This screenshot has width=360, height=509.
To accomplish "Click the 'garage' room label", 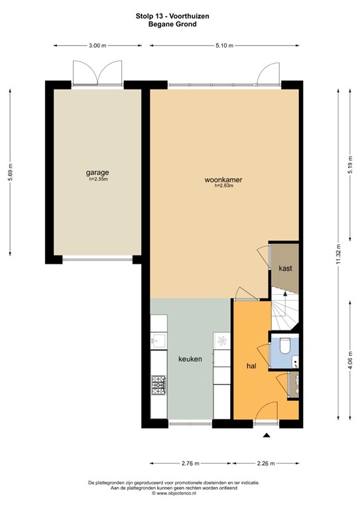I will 97,172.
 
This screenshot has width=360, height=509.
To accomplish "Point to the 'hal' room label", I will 251,365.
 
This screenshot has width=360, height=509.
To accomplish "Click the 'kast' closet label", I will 286,268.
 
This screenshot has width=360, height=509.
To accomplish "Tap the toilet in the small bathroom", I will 284,347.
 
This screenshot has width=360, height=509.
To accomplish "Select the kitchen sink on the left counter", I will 158,341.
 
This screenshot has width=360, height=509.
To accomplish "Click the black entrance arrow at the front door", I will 267,435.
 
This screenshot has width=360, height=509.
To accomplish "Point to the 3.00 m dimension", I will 97,46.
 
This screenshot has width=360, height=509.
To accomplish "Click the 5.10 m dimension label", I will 224,46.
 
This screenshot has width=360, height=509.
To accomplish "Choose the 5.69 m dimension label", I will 9,172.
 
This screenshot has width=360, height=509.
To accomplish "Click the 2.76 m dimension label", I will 190,464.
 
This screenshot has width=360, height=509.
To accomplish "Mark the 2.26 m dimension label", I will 267,464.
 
